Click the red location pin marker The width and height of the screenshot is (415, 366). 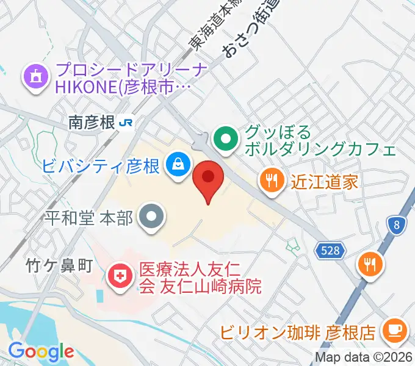click(208, 179)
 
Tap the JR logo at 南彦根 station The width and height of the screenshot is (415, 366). click(128, 122)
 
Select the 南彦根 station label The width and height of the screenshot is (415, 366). click(92, 123)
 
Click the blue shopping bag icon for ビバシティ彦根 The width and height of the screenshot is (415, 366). click(178, 165)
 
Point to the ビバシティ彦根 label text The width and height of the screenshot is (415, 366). click(101, 165)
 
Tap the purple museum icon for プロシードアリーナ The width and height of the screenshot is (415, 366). click(34, 77)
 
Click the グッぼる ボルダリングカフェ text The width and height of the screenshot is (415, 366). click(317, 140)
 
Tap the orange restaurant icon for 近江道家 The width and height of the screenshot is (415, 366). click(271, 181)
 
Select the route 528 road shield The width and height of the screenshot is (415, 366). click(331, 250)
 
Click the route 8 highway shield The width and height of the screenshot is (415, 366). click(397, 226)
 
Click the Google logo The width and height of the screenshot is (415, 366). click(41, 351)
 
